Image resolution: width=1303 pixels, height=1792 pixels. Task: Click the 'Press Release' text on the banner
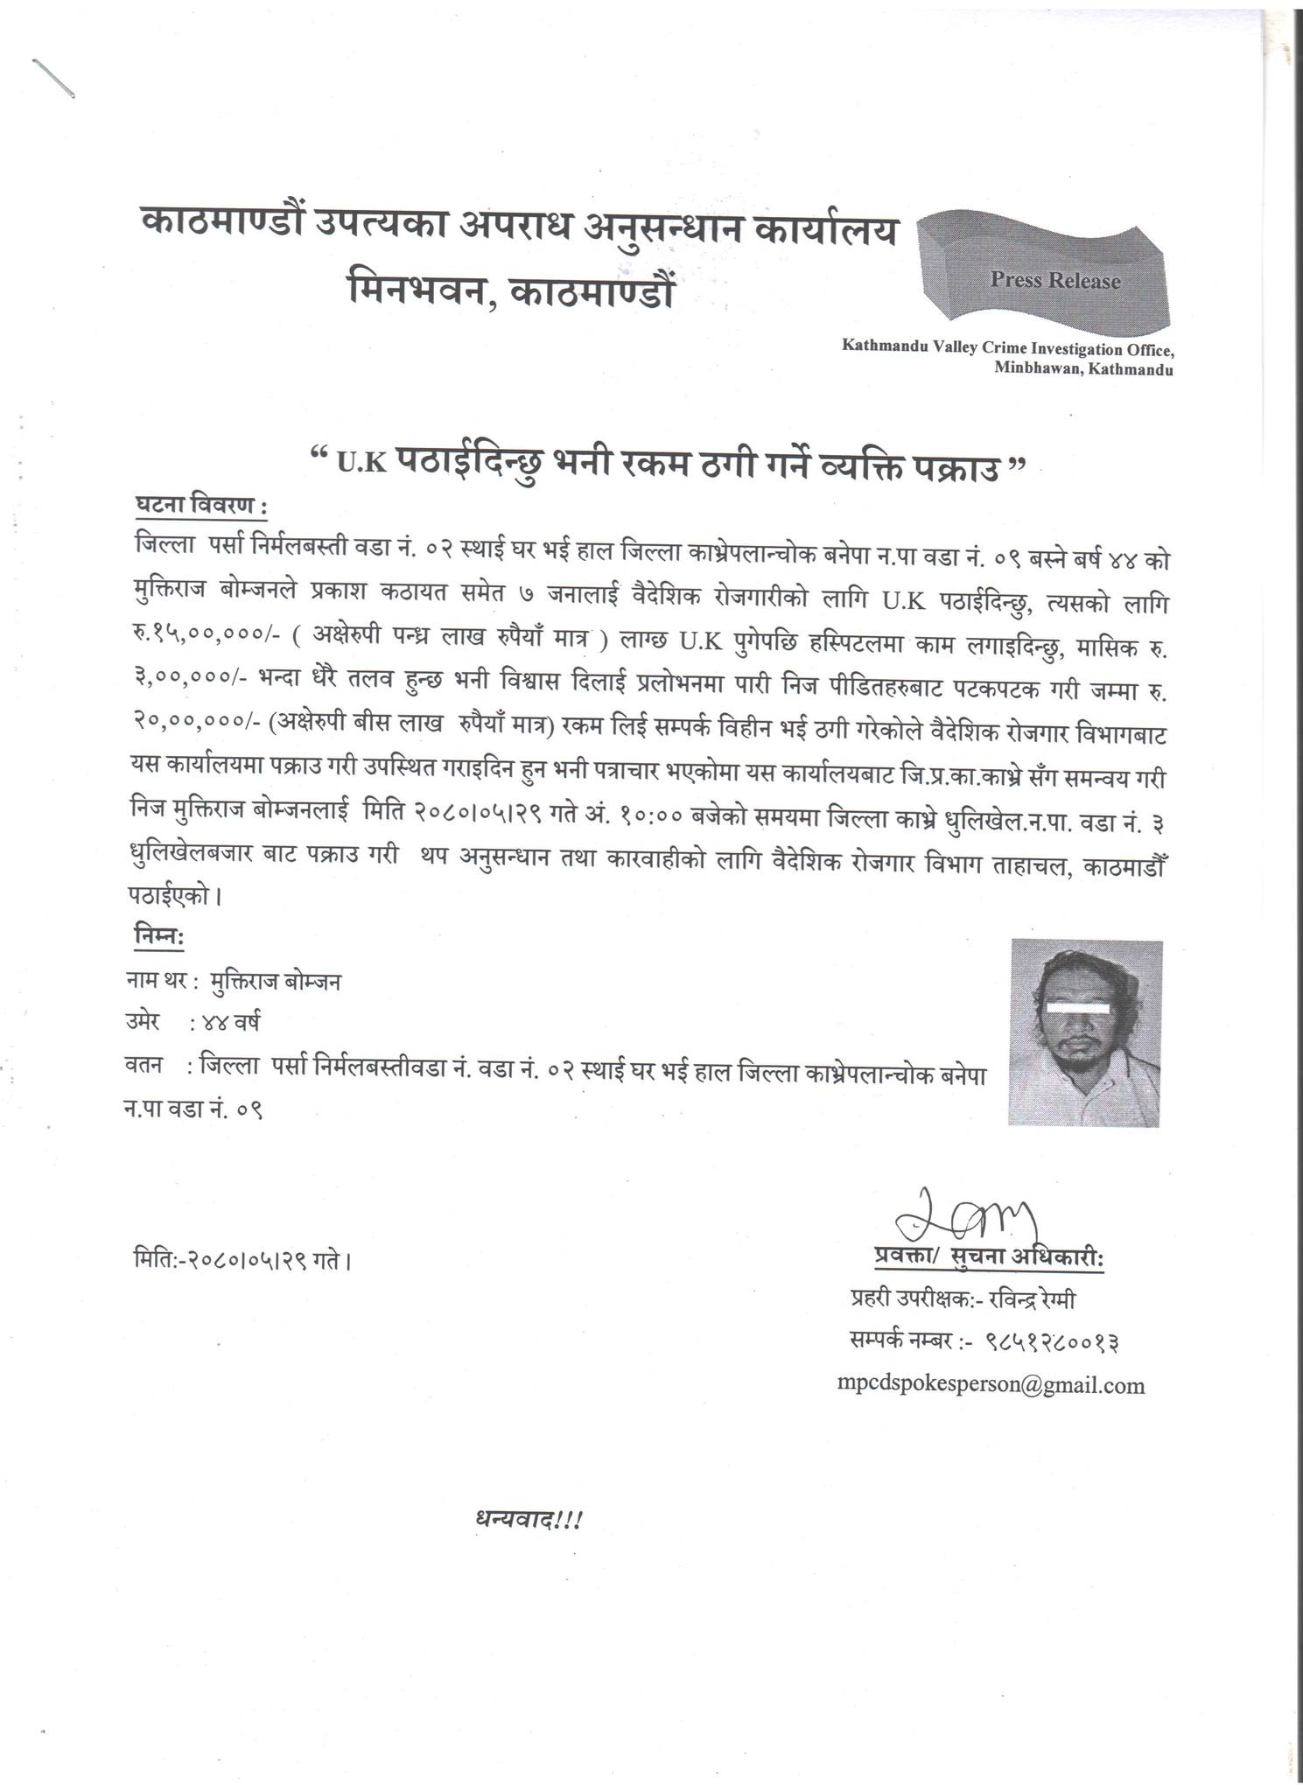pos(1054,281)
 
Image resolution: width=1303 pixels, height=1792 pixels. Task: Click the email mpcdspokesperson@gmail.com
pos(991,1385)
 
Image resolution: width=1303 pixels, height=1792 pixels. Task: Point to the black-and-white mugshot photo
pos(1086,1032)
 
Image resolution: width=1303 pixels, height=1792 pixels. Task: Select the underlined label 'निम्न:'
pos(158,936)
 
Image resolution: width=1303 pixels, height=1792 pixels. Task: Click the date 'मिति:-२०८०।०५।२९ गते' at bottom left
pos(242,1262)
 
